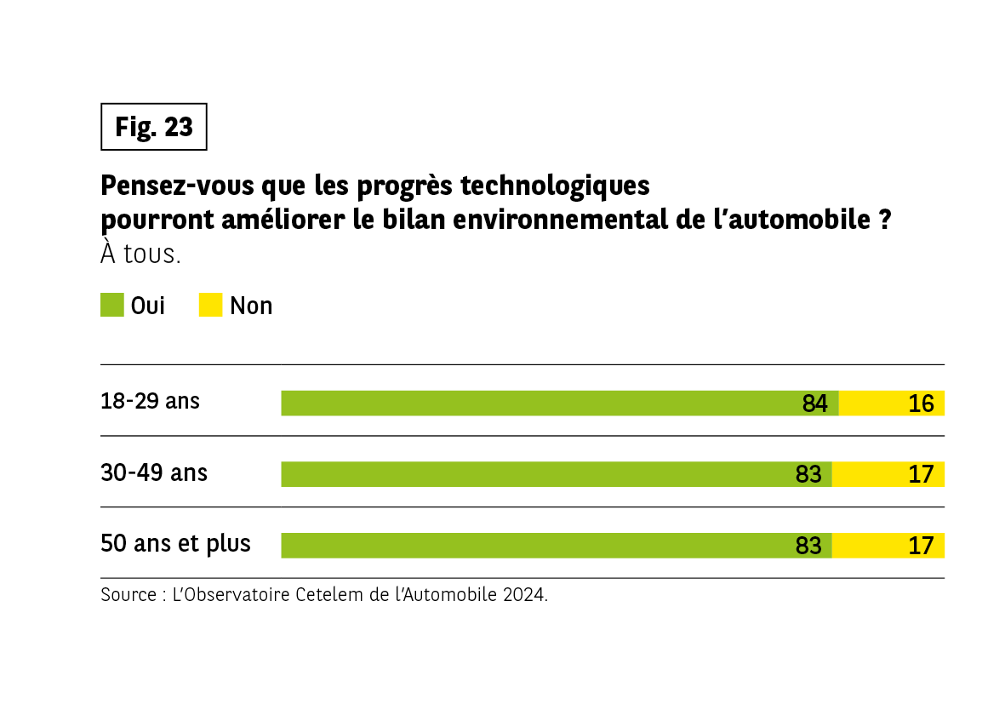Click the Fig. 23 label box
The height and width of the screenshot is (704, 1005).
point(154,127)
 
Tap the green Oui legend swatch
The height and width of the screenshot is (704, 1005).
point(112,305)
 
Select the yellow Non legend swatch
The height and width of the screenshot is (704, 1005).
point(210,305)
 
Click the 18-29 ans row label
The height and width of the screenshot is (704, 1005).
point(150,401)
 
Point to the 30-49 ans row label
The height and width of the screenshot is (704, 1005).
point(154,472)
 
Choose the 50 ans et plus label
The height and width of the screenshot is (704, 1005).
point(175,543)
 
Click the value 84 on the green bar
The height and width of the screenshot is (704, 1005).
point(814,404)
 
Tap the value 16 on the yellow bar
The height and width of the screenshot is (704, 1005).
point(921,404)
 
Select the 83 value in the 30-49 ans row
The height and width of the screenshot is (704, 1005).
point(808,475)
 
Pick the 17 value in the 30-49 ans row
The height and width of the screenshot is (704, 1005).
point(921,475)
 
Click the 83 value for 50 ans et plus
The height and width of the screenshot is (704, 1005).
point(808,546)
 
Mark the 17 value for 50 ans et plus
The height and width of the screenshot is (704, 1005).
point(921,546)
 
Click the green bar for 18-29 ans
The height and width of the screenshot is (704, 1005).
point(536,404)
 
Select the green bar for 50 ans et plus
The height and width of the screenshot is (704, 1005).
point(536,546)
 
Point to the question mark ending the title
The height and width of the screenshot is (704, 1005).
point(884,220)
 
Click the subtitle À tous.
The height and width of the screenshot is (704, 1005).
point(140,254)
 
